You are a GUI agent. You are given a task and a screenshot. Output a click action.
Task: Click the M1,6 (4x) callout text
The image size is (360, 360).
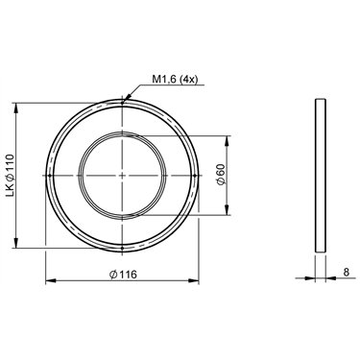[x=174, y=80]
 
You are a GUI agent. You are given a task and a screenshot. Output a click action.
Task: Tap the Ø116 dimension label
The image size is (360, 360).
[x=123, y=275]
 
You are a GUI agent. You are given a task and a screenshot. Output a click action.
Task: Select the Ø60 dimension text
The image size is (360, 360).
[x=222, y=174]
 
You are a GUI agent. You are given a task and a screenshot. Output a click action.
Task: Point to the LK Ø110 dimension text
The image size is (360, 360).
[x=10, y=175]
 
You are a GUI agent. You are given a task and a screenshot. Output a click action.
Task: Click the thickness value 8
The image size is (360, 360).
[x=347, y=273]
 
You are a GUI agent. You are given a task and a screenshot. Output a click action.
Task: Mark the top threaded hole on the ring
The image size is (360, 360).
[x=122, y=103]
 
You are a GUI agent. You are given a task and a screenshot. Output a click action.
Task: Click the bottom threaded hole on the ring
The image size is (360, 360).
[x=122, y=248]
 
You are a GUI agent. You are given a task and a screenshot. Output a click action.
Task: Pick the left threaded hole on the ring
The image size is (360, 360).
[x=50, y=176]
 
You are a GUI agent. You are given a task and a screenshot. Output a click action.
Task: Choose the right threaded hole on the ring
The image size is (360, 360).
[x=195, y=176]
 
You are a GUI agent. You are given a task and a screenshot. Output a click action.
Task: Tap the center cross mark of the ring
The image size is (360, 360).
[x=122, y=176]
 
